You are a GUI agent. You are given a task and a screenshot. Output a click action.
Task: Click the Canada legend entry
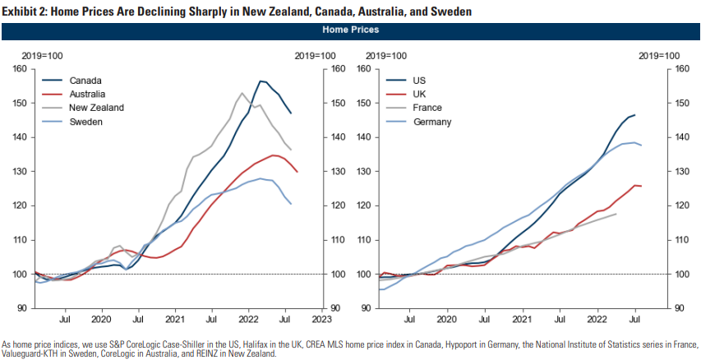pos(85,81)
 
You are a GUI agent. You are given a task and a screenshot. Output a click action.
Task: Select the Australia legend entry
pos(88,95)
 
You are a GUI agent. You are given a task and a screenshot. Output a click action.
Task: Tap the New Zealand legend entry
pos(96,108)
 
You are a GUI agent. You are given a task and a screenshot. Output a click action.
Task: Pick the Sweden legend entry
pos(86,122)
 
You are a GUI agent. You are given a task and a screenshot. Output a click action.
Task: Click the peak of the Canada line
pos(261,81)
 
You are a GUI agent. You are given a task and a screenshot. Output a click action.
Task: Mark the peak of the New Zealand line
pos(242,93)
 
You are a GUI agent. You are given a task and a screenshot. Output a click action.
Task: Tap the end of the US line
pos(635,115)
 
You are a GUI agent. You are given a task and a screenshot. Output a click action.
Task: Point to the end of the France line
pos(616,214)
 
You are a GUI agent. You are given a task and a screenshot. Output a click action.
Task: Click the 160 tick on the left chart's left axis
pos(21,69)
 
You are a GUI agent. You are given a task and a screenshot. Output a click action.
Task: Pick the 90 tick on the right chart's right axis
pos(679,308)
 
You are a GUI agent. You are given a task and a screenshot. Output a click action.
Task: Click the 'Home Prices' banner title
pos(351,30)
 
